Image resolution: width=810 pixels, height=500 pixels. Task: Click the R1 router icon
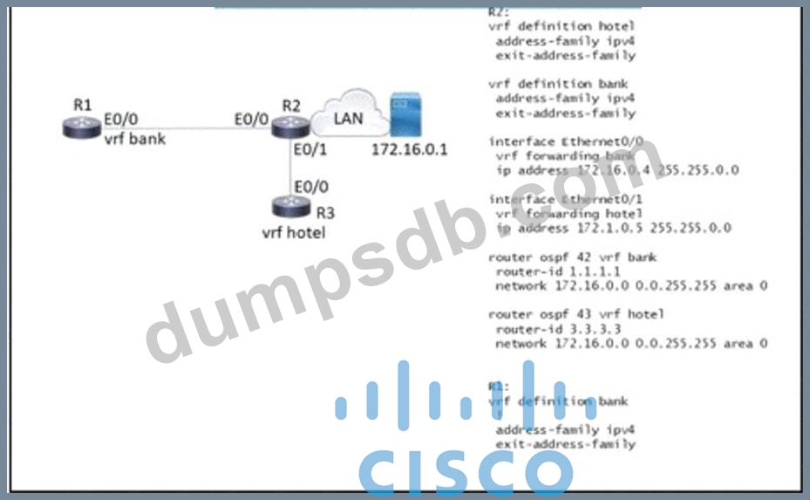tap(83, 128)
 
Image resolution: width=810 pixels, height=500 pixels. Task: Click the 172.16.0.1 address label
tap(409, 149)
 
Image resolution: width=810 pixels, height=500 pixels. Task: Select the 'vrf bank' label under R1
tap(134, 138)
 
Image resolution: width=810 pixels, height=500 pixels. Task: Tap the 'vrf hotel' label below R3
tap(294, 232)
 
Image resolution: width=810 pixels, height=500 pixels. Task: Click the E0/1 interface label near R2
tap(310, 149)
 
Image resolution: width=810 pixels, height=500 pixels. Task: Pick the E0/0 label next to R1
tap(121, 120)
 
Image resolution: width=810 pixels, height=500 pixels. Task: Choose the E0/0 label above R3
tap(311, 186)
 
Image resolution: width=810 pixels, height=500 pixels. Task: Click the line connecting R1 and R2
tap(183, 128)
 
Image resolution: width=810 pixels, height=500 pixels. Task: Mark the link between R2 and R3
tap(290, 170)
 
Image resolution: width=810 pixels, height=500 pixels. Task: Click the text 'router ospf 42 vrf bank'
tap(573, 257)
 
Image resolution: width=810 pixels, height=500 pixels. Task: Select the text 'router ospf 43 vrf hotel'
tap(576, 314)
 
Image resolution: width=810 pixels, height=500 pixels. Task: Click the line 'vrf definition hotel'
tap(562, 26)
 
